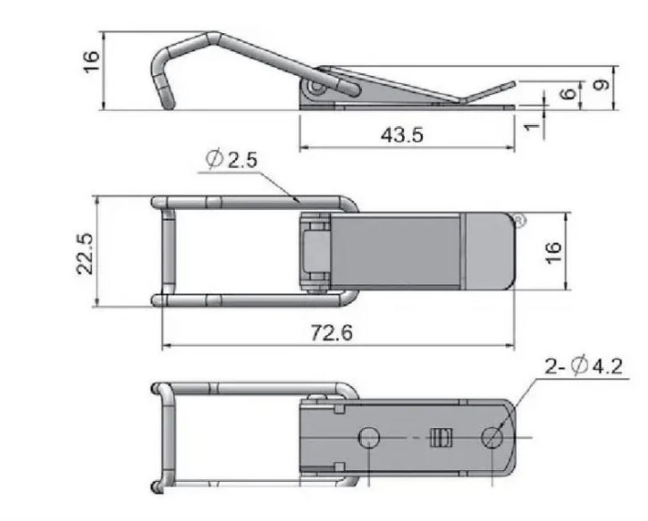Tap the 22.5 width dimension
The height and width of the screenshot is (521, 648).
pos(85,249)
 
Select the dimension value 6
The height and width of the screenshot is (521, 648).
pos(564,93)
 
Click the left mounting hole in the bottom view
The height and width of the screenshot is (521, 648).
pos(368,437)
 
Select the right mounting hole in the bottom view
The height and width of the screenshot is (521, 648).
pos(492,437)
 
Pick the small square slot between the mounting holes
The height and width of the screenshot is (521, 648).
pos(437,437)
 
